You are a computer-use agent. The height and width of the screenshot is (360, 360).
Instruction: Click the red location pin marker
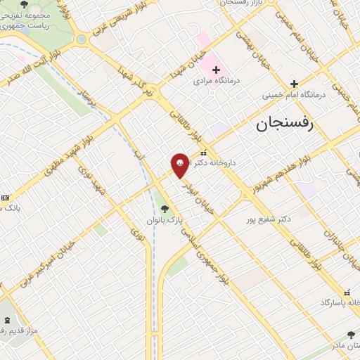(x=180, y=165)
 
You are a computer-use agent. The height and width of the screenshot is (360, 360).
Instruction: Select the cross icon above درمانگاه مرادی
(x=217, y=70)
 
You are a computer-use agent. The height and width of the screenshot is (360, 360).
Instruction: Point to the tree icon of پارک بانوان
(x=165, y=208)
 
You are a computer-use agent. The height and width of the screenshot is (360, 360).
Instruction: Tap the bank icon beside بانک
(x=5, y=198)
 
